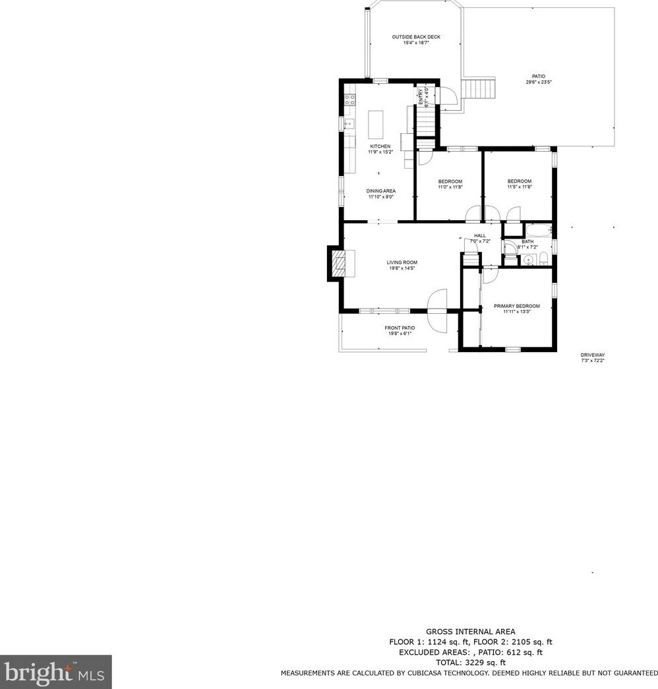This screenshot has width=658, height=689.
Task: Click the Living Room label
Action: [x=402, y=262]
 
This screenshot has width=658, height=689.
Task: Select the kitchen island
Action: [x=375, y=123]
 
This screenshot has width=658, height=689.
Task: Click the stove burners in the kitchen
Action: [x=349, y=101]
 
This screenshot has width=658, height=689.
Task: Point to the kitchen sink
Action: [x=348, y=123]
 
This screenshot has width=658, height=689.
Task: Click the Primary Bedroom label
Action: [x=517, y=306]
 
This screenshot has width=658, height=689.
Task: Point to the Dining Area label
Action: [x=381, y=191]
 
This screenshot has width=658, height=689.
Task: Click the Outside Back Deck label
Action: [x=416, y=37]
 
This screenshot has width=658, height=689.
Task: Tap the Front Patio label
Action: [x=400, y=328]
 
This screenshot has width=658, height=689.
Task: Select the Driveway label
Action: [x=593, y=355]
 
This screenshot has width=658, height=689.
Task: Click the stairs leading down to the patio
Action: [x=479, y=88]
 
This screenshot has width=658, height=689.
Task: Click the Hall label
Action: [x=479, y=235]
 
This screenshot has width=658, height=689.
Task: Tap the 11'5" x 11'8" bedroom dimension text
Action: [x=519, y=187]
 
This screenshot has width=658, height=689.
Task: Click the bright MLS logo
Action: [x=55, y=672]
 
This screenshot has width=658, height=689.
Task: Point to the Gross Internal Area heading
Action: [x=470, y=632]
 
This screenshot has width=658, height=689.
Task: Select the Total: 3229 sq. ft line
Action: [x=470, y=662]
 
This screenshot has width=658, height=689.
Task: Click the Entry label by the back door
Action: [x=421, y=96]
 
